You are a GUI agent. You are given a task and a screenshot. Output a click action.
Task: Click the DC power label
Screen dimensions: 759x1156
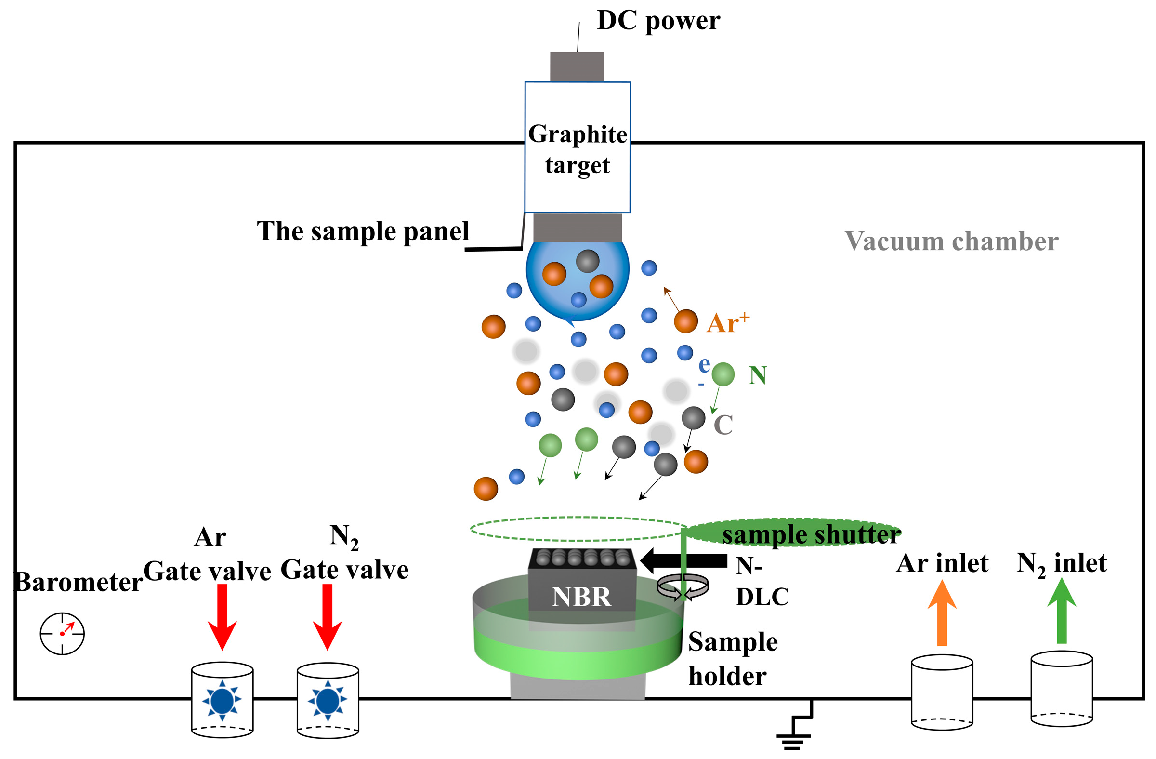point(657,21)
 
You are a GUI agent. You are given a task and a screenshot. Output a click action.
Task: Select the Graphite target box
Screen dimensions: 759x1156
point(577,147)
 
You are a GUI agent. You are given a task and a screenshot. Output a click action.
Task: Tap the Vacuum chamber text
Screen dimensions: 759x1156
point(951,241)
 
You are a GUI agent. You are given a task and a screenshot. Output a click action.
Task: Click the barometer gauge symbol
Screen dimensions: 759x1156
point(62,634)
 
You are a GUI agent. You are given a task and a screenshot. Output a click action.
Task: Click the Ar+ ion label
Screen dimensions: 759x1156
point(727,323)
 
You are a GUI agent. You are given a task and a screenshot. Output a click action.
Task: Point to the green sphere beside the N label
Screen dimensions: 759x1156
point(723,374)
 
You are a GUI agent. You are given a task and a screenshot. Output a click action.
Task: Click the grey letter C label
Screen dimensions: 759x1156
point(723,425)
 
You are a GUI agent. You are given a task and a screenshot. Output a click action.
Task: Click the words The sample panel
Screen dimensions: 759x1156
point(362,231)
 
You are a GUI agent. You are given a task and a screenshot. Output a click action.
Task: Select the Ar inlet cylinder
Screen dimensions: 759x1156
point(941,692)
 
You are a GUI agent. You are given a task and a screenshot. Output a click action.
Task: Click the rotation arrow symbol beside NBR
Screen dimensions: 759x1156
point(683,587)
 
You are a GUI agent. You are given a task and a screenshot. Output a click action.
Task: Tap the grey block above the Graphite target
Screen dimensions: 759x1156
point(577,67)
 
